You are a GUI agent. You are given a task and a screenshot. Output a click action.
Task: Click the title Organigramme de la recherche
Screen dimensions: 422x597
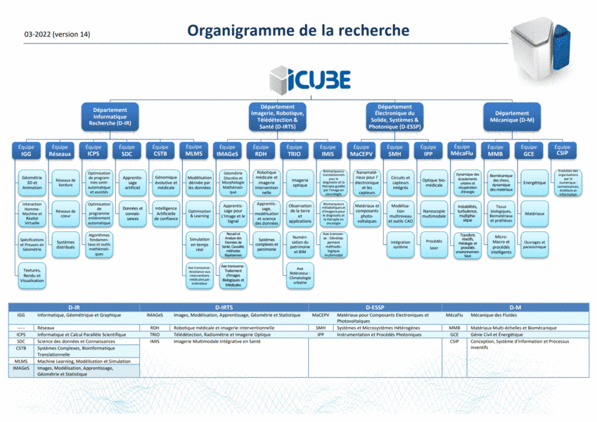pos(298,31)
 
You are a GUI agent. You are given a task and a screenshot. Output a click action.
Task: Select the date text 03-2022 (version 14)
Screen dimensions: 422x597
pos(57,34)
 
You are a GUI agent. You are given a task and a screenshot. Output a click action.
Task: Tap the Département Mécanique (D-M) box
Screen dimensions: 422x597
pos(511,117)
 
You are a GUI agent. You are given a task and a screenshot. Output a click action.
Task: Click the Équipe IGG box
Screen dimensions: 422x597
pos(26,150)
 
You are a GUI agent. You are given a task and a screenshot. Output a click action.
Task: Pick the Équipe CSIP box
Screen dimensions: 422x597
pos(562,150)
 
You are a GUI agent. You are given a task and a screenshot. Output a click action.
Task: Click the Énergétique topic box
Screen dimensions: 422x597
pos(535,182)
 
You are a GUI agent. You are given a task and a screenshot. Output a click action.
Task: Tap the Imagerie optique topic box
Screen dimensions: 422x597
pos(300,182)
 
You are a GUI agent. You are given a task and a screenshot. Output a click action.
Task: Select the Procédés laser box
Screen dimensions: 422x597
pos(434,244)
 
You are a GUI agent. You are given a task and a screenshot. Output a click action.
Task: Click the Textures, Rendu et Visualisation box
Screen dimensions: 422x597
pos(32,276)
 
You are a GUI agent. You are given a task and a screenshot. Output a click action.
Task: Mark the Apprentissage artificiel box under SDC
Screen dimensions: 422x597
pos(132,182)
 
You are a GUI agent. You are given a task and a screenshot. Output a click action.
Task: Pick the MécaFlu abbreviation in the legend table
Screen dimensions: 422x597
pos(454,316)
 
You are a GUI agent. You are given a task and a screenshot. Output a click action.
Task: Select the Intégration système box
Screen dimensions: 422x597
pos(400,244)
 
